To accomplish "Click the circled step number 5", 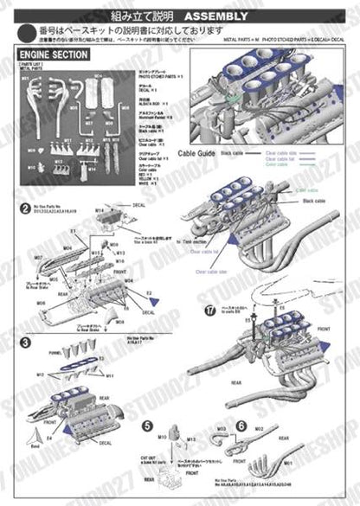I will coord(148,426).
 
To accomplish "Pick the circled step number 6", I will coord(241,426).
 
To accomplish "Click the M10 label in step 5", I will coord(161,439).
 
